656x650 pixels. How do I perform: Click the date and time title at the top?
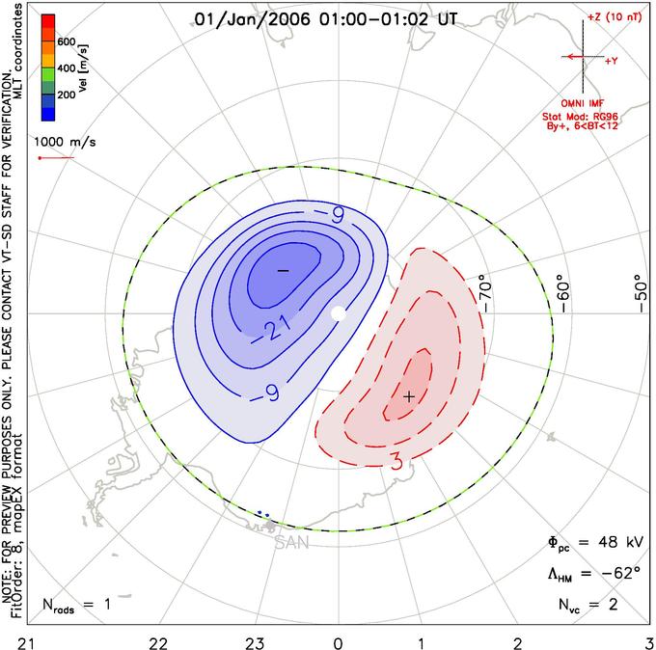(x=326, y=19)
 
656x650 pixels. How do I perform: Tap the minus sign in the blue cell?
(x=284, y=271)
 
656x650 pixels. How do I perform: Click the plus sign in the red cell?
(x=409, y=396)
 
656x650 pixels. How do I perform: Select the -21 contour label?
(x=273, y=330)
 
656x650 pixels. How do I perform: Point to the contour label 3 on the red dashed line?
(x=397, y=461)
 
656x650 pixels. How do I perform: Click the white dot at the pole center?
(x=339, y=313)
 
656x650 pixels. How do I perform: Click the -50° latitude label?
(x=641, y=293)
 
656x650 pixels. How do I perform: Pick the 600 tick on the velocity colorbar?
(x=67, y=41)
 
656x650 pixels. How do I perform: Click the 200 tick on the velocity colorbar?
(x=67, y=95)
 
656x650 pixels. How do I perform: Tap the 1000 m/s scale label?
(x=65, y=142)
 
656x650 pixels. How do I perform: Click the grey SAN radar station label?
(x=292, y=543)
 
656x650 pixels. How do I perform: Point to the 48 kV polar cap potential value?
(x=619, y=542)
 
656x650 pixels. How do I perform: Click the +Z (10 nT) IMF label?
(x=615, y=17)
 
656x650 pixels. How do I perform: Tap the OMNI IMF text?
(x=583, y=103)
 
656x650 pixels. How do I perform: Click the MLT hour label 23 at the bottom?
(x=255, y=643)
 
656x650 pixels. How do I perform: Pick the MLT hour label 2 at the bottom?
(x=518, y=643)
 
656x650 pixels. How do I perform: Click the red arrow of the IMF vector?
(x=572, y=57)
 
